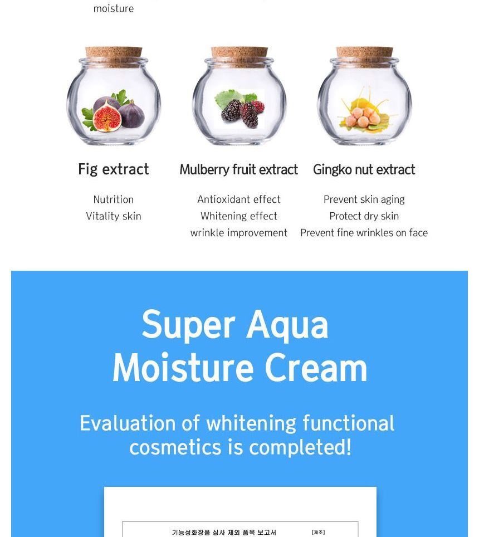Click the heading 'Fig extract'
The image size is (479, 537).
click(x=113, y=169)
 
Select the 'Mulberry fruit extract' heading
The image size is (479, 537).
click(x=238, y=169)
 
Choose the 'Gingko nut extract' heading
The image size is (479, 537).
click(x=364, y=169)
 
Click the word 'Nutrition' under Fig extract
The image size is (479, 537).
click(x=113, y=199)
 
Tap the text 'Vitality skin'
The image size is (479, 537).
click(x=113, y=216)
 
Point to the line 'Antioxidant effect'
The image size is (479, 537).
click(x=238, y=199)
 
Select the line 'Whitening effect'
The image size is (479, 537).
click(x=238, y=216)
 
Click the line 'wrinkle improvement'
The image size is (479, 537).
click(x=238, y=233)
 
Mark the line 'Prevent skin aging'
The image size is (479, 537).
click(x=364, y=199)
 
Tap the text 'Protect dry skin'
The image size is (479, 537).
click(x=364, y=216)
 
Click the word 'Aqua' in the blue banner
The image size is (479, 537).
click(x=287, y=325)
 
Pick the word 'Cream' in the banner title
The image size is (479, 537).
click(x=316, y=368)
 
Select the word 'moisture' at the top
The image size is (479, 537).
click(x=113, y=8)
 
